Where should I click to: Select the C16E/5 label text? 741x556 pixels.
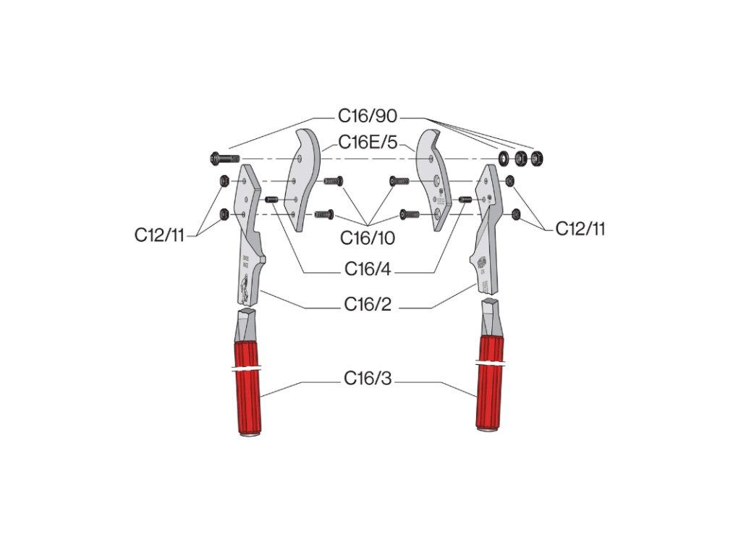click(368, 143)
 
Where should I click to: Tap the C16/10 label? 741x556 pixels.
click(368, 237)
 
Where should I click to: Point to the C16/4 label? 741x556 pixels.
click(368, 271)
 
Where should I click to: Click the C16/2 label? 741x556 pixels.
click(368, 306)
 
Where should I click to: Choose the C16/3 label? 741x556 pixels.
click(368, 379)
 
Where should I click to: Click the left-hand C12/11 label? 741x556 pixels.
click(160, 235)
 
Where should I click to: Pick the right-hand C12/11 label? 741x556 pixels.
click(580, 229)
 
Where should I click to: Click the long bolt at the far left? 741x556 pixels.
click(225, 158)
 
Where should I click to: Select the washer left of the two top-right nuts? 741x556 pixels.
click(502, 157)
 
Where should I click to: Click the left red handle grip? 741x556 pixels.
click(247, 391)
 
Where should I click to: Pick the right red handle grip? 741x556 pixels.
click(489, 384)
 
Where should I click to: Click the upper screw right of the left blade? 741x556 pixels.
click(333, 181)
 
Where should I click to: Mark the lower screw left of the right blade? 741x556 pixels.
click(410, 214)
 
